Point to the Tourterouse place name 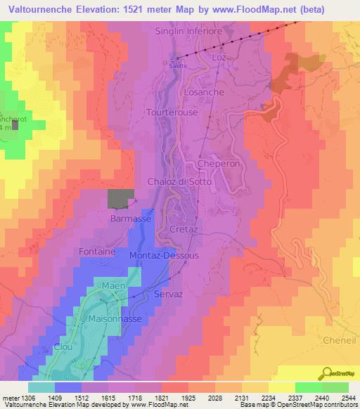[172, 112]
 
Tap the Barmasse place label [131, 219]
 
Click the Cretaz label [184, 230]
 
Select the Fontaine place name [98, 251]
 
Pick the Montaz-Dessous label [165, 255]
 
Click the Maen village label [114, 286]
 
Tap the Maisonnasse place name [115, 318]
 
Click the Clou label [63, 346]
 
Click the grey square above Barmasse [120, 198]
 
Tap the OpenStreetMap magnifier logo [326, 372]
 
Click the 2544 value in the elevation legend [347, 398]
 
